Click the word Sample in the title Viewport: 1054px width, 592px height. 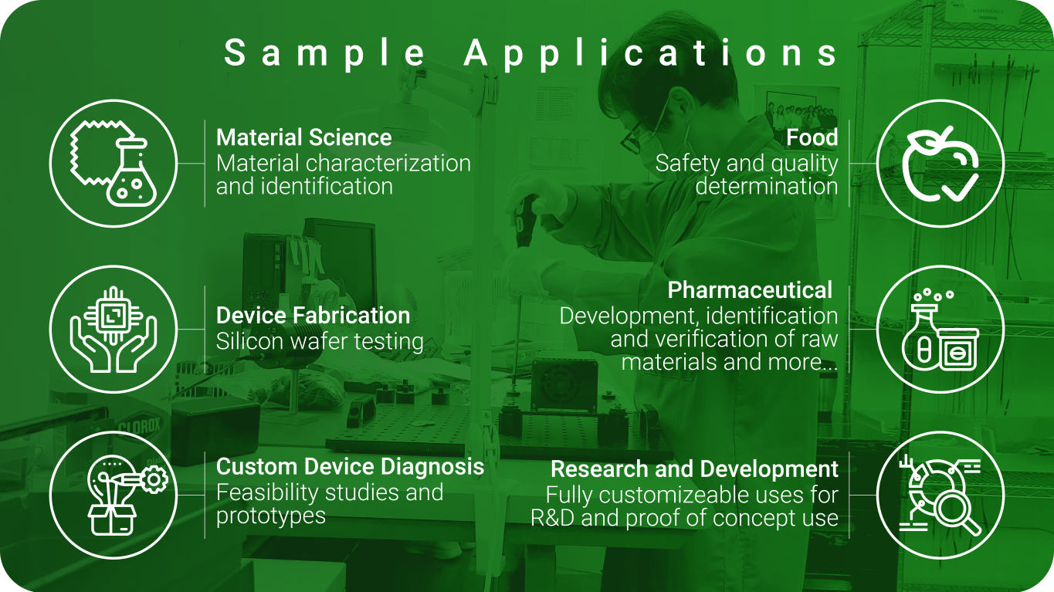pos(324,53)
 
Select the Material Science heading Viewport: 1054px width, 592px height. pos(304,137)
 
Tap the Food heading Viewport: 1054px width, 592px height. pos(812,137)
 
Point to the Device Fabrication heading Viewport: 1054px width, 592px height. pos(313,315)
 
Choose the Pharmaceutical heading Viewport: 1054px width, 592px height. pos(750,289)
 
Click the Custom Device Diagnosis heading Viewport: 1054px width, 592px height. pos(350,466)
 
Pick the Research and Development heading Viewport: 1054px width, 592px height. pos(694,469)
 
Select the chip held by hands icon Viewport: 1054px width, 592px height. pos(114,329)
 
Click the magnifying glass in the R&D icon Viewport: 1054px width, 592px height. pos(957,513)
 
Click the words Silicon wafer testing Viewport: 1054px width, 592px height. pos(320,341)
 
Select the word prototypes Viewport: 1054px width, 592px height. pos(270,516)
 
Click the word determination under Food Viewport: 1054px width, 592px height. pos(767,186)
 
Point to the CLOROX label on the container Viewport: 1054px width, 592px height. pos(139,428)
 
